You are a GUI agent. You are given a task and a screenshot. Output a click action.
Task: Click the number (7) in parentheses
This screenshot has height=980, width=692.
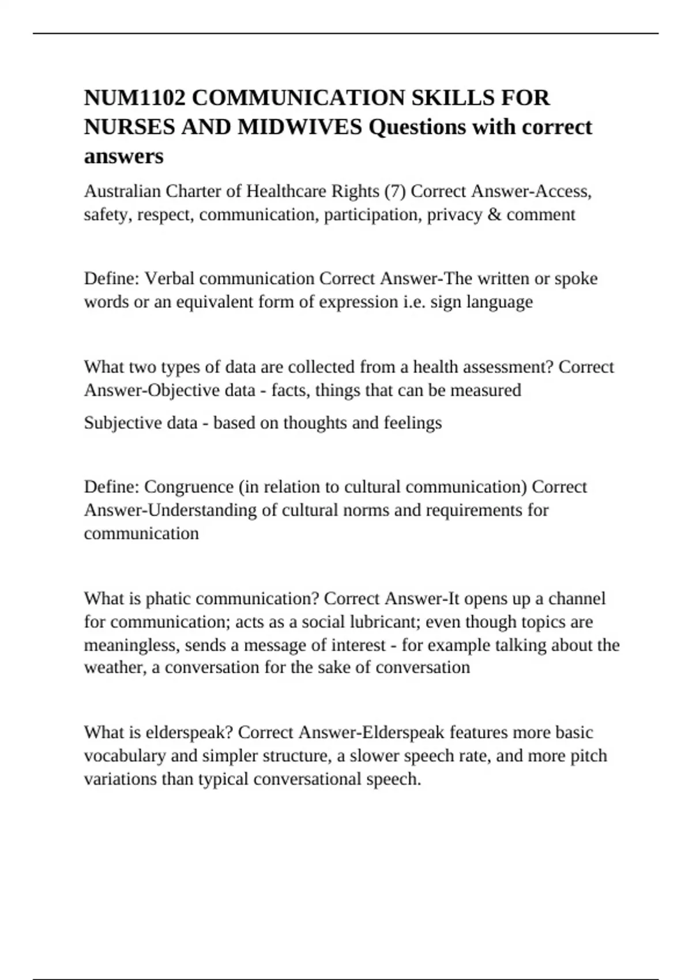click(394, 191)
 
